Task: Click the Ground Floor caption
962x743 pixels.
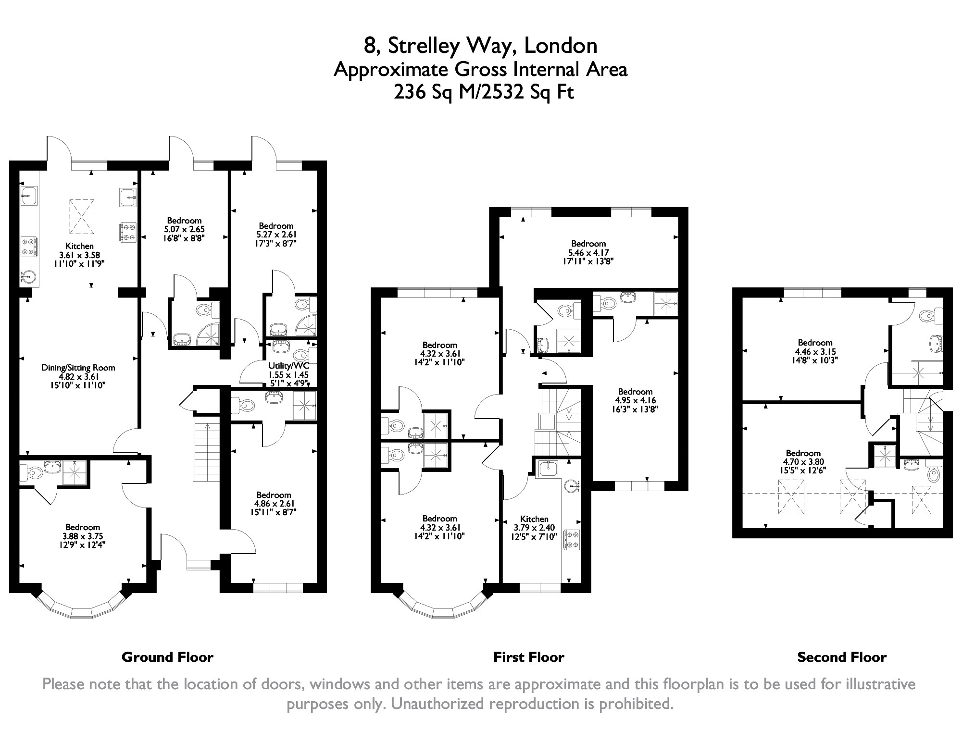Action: [167, 657]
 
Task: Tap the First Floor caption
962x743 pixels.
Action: [529, 657]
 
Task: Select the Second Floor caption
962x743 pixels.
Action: [842, 657]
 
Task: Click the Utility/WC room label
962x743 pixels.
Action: [288, 366]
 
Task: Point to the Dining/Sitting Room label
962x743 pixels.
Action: [78, 368]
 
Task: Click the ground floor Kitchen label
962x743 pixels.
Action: [80, 246]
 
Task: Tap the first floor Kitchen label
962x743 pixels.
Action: [534, 519]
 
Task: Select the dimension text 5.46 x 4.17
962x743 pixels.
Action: [588, 252]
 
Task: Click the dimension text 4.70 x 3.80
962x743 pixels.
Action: [803, 462]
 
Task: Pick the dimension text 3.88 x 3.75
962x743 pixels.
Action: [83, 536]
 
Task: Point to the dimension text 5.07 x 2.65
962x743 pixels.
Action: [185, 230]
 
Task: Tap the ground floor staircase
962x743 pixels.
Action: [206, 449]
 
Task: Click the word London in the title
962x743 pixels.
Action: [561, 46]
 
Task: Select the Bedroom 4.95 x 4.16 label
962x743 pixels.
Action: [635, 400]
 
